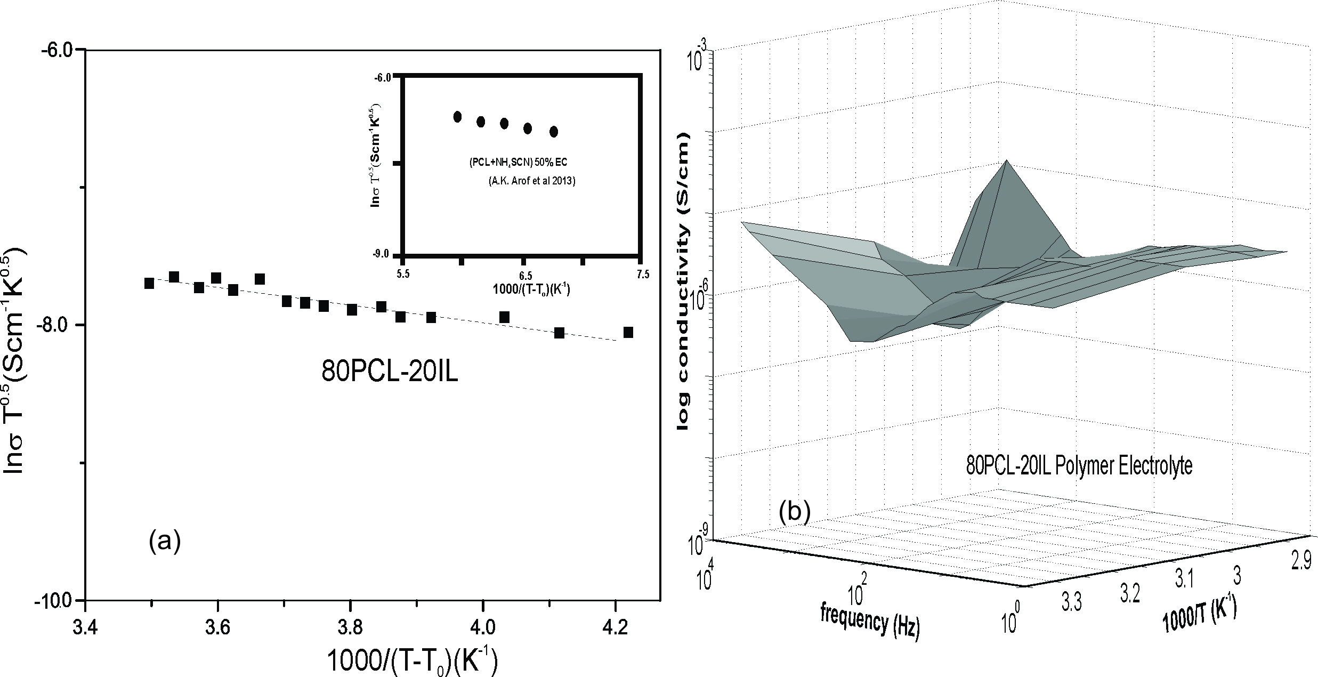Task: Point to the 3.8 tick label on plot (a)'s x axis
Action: [350, 622]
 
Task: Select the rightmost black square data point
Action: [628, 333]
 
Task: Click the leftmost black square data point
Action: [149, 283]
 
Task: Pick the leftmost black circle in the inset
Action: [457, 117]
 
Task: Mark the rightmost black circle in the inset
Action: [554, 132]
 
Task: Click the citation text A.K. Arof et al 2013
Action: [531, 181]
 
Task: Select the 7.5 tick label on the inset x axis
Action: [643, 275]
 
